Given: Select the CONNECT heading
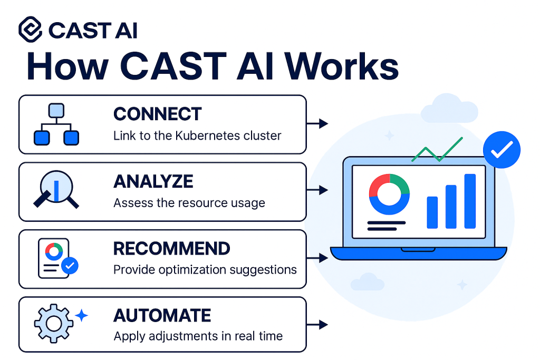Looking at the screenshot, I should (157, 114).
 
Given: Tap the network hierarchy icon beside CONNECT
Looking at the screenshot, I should (56, 124).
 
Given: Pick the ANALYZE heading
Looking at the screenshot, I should (153, 181).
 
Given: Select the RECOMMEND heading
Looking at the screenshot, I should (172, 248).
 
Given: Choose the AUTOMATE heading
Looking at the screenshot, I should (162, 316).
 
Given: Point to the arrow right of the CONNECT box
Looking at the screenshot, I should (317, 124).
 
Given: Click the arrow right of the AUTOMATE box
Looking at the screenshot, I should (317, 325).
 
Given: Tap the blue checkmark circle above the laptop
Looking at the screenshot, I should (502, 151).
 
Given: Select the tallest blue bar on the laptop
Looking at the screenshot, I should (470, 201).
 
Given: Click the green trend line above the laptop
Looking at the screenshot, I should (437, 150).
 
